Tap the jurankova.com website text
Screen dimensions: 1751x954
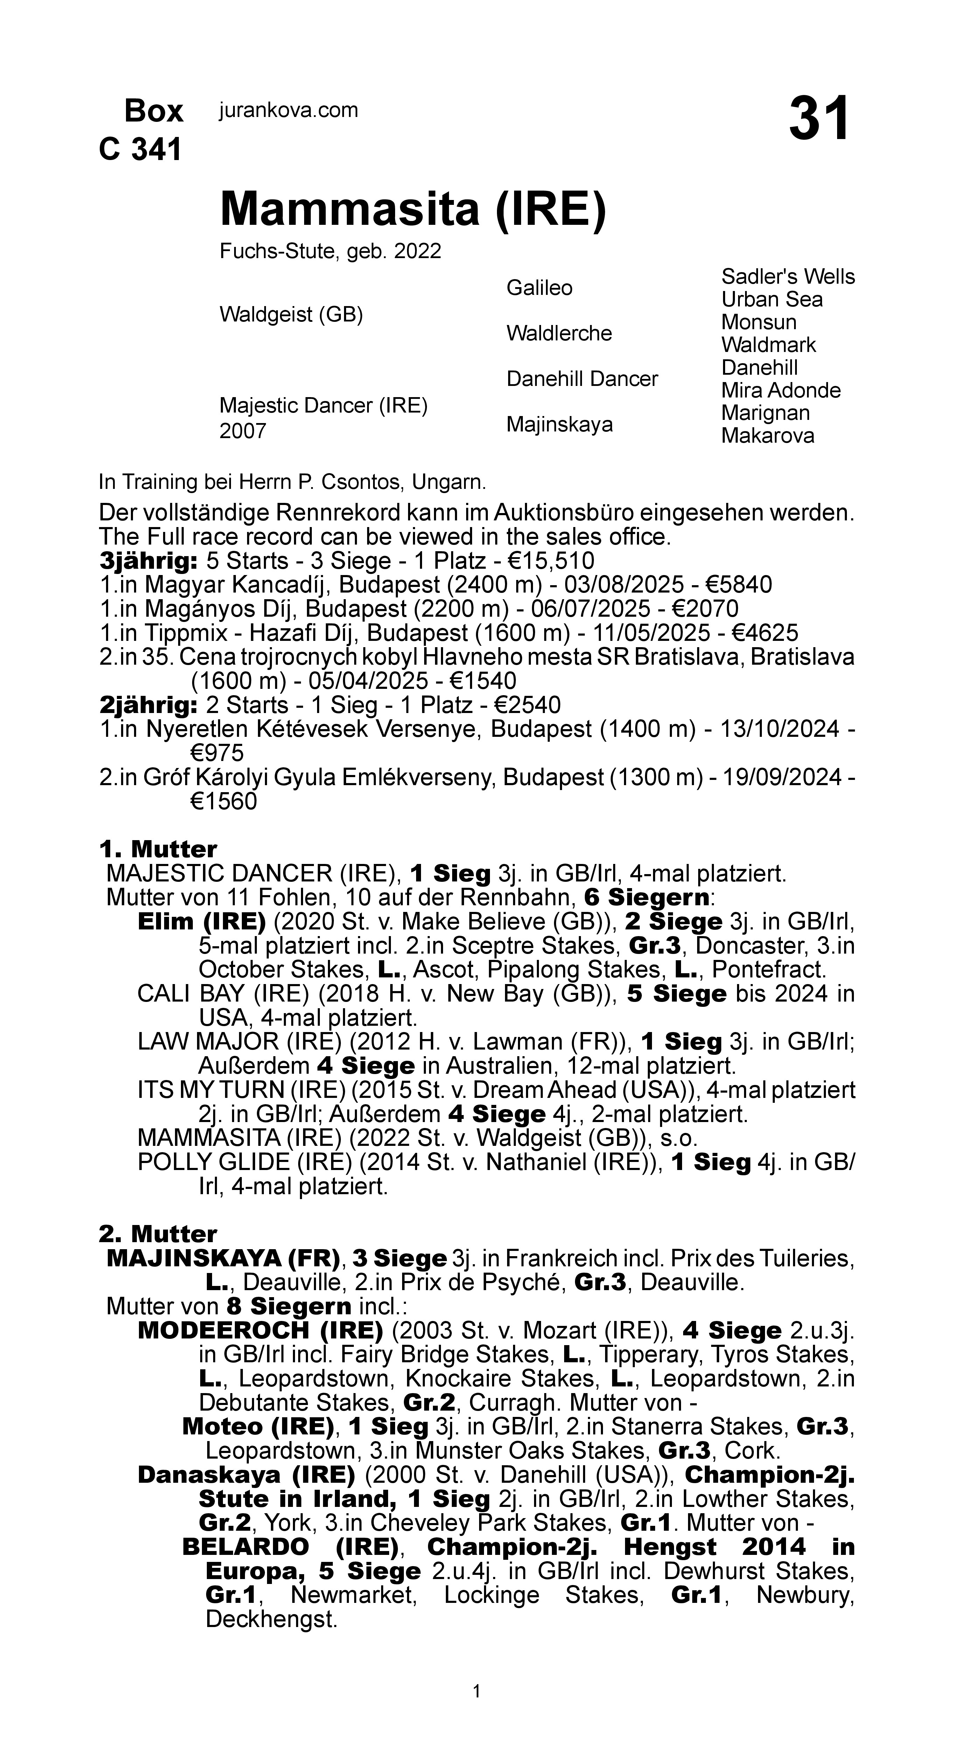(x=288, y=110)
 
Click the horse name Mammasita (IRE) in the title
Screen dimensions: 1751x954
(x=413, y=209)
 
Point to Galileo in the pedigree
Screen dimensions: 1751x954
(x=540, y=288)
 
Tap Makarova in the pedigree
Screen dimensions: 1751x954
(x=767, y=436)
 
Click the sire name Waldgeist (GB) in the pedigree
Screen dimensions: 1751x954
(x=291, y=315)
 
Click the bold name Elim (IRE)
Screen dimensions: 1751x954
(x=201, y=922)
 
